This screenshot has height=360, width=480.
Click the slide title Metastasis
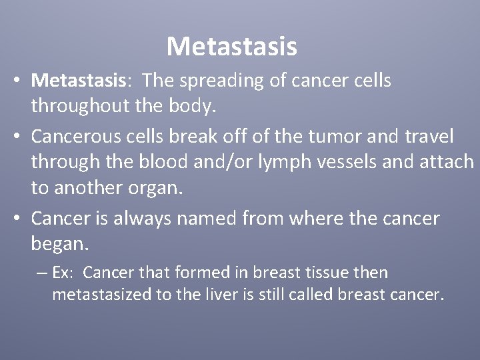(231, 47)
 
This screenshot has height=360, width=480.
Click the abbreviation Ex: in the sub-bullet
(67, 273)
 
